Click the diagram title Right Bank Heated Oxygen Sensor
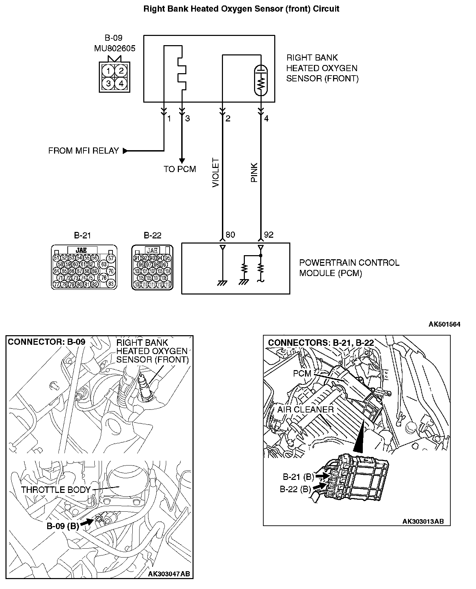click(x=241, y=9)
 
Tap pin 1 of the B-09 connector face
click(x=108, y=71)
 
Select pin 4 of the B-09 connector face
click(x=121, y=83)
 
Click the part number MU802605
click(x=115, y=48)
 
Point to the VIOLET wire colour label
click(x=216, y=172)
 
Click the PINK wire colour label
click(x=254, y=172)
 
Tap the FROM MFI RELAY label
click(x=83, y=151)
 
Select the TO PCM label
click(x=180, y=169)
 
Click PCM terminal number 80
click(x=230, y=235)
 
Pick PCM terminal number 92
click(x=269, y=235)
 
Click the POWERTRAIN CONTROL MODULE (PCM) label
click(x=349, y=268)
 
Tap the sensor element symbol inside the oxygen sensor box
click(x=261, y=79)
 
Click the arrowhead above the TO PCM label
click(x=182, y=160)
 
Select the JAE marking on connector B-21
click(x=81, y=250)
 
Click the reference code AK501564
click(x=445, y=324)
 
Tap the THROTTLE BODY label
click(x=56, y=490)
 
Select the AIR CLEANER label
click(x=305, y=409)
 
